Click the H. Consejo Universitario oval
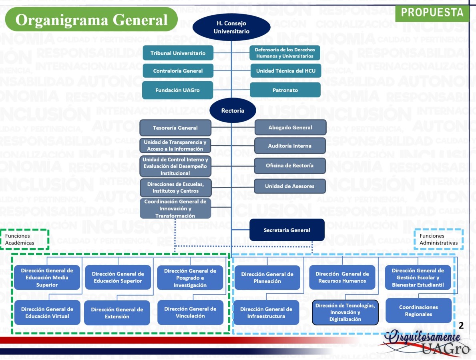231,28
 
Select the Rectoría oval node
233,111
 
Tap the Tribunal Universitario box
178,53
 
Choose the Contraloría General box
178,71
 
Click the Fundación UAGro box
178,90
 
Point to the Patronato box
285,90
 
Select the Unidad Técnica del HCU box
285,71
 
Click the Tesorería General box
175,128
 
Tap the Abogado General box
291,128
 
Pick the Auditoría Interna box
290,146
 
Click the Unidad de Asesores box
290,186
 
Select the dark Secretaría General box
287,230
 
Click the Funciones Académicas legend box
25,239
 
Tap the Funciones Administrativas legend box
438,239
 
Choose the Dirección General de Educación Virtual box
47,313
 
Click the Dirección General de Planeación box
267,278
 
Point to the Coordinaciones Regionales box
418,311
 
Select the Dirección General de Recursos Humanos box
342,278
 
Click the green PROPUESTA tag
432,13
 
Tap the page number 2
461,326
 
